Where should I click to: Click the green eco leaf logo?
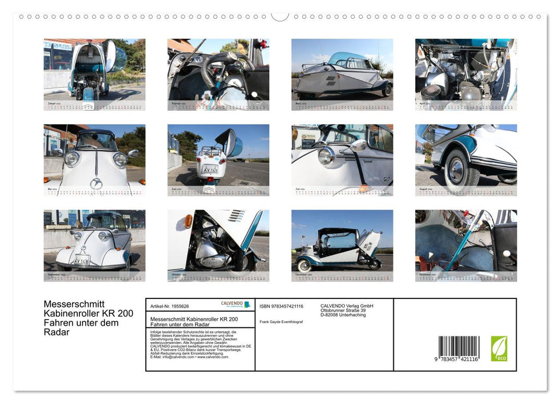point(499,349)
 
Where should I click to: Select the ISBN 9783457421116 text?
point(281,306)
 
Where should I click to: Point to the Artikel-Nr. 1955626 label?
point(170,306)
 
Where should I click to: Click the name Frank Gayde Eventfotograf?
point(281,321)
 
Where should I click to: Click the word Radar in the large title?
point(57,332)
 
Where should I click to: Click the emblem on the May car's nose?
point(96,184)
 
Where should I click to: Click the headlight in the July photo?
point(326,155)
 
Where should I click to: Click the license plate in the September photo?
point(81,260)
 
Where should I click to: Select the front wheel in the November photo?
point(304,265)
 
